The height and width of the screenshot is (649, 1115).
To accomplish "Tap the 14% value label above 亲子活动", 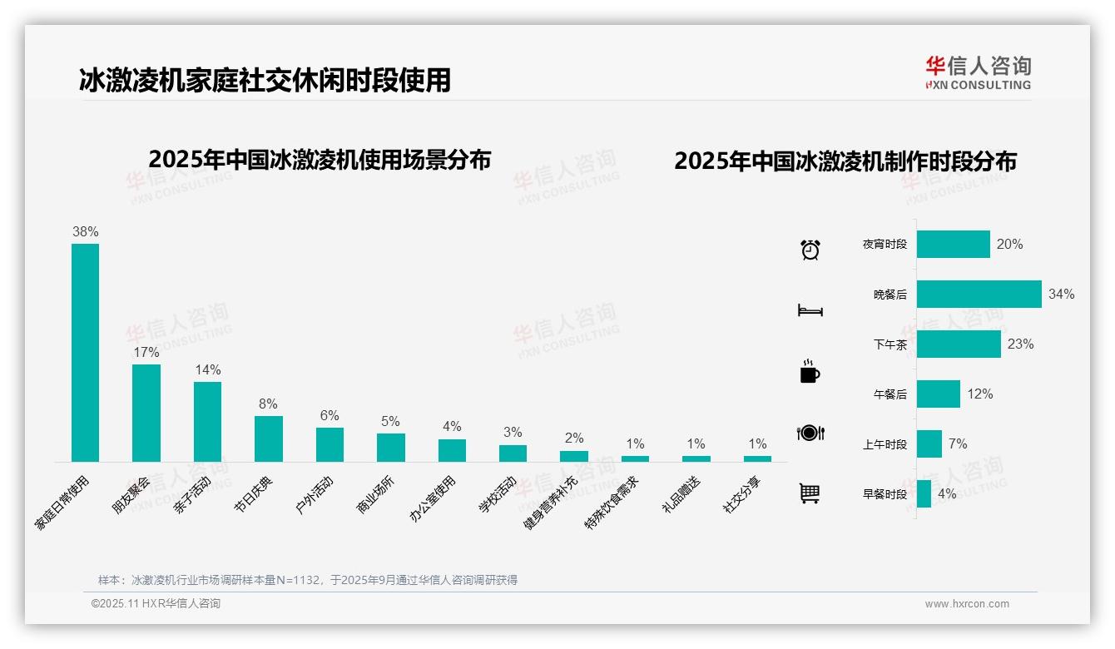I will click(x=208, y=369).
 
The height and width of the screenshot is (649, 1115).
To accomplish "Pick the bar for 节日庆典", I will click(x=269, y=438).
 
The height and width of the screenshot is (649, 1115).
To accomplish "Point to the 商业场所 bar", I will click(x=391, y=448).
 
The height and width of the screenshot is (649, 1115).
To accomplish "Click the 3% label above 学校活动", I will click(x=513, y=432).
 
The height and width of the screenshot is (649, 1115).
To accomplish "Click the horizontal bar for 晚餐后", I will click(x=979, y=294).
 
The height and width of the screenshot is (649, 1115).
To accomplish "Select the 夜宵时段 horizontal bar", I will click(x=954, y=245).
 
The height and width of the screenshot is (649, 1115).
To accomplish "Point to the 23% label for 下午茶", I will click(x=1020, y=344).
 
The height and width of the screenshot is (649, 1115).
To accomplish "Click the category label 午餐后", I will click(x=890, y=394).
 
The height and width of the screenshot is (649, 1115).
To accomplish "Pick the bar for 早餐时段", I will click(x=924, y=493).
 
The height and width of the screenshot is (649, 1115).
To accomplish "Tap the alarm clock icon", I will click(x=810, y=249).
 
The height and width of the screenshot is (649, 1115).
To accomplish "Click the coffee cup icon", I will click(x=810, y=371).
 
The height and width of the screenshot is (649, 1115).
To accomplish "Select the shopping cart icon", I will click(x=810, y=493).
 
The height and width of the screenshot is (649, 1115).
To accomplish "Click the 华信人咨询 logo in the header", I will click(x=978, y=72).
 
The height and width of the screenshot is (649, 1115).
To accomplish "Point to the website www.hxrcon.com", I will click(x=967, y=604).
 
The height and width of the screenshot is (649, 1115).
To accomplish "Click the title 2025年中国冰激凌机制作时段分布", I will click(x=845, y=161).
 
